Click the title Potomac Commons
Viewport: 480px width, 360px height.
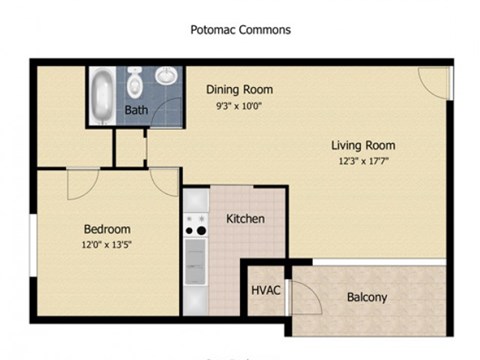(x=240, y=30)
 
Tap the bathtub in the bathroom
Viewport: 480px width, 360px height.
(x=103, y=95)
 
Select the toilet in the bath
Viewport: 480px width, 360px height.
(x=135, y=80)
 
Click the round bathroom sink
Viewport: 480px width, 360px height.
(x=166, y=76)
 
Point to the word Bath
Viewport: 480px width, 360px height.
(x=136, y=110)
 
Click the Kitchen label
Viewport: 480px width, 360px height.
(x=245, y=219)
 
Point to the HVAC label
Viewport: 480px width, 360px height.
(x=264, y=291)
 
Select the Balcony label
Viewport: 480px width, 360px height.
(x=367, y=297)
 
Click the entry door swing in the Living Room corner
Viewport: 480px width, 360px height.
(x=434, y=82)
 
